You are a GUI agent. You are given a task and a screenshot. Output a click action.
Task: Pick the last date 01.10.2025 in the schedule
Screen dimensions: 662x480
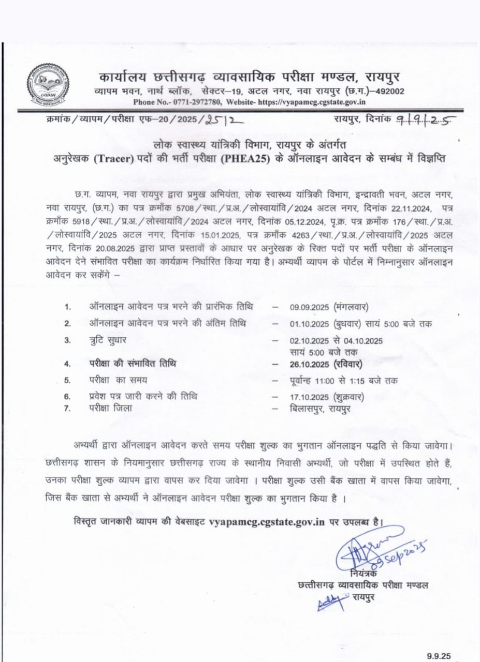tap(310, 324)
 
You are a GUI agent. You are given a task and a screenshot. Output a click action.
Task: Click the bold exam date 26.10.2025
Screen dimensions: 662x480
tap(311, 364)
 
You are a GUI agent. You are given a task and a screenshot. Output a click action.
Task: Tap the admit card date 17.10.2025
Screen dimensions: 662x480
tap(310, 397)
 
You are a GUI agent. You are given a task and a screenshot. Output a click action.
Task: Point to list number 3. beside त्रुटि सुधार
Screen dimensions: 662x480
tap(67, 340)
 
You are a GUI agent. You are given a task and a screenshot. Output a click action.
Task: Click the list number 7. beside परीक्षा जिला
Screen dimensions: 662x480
tap(67, 409)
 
